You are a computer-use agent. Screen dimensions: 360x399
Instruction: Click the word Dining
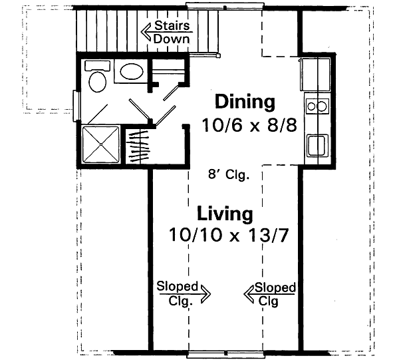[x=245, y=102]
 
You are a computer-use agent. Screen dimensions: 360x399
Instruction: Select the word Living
[x=225, y=214]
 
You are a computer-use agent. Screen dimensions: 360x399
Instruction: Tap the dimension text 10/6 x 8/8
[x=249, y=124]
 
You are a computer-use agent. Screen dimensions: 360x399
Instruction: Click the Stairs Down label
[x=172, y=32]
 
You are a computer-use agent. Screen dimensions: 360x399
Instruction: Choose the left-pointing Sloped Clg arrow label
[x=271, y=292]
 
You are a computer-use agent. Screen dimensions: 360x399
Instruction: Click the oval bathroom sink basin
[x=130, y=72]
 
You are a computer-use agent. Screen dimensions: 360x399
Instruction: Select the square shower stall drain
[x=102, y=144]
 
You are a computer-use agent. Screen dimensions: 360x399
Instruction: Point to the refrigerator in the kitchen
[x=315, y=70]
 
